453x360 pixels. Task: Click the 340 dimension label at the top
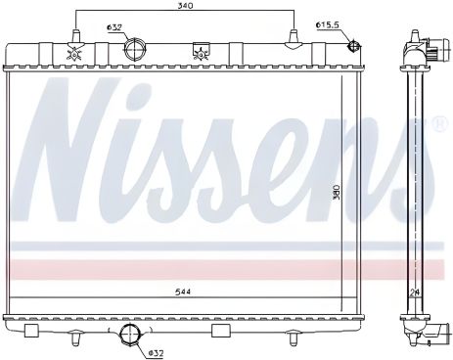[x=185, y=5]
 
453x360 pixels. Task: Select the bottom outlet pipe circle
[x=129, y=337]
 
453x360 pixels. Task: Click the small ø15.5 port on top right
[x=354, y=45]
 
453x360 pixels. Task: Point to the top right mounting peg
[x=292, y=39]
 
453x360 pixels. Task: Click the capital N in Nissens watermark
[x=73, y=157]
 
